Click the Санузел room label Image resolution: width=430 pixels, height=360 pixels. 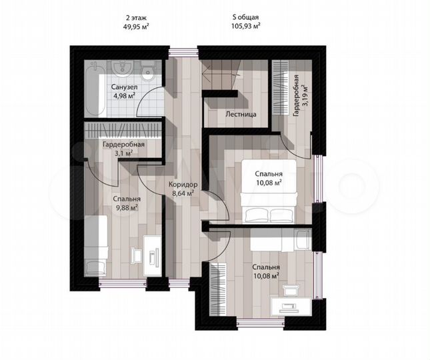[x=124, y=87]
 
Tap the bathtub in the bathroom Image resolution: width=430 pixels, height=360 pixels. [x=95, y=88]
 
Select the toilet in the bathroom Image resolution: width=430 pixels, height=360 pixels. [x=149, y=71]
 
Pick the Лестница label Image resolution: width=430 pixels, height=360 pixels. [x=241, y=114]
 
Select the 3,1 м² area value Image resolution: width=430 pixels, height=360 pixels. [x=124, y=153]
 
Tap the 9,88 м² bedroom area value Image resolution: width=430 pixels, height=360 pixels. [x=127, y=207]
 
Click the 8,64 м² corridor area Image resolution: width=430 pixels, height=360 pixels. [x=183, y=193]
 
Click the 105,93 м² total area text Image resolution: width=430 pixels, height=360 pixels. [x=245, y=26]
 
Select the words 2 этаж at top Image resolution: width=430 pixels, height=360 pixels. [x=136, y=18]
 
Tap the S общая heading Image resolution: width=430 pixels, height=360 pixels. [x=245, y=17]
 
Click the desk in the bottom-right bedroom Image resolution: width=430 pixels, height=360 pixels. [x=291, y=307]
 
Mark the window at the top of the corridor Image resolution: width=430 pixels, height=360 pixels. [x=183, y=53]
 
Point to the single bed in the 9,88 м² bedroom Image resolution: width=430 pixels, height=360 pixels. [x=95, y=246]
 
